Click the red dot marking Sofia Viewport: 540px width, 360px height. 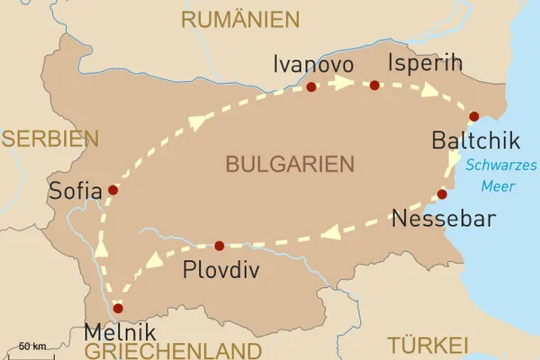tap(112, 190)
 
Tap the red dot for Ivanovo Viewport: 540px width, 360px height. tap(311, 87)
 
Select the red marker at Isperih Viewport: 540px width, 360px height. tap(374, 85)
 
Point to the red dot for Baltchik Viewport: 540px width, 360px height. tap(473, 116)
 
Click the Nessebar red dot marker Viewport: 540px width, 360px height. tap(442, 194)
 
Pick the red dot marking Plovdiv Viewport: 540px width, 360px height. tap(219, 245)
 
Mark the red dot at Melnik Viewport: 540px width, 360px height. tap(117, 308)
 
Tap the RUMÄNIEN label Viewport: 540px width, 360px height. tap(239, 19)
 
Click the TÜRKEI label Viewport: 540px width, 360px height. tap(428, 346)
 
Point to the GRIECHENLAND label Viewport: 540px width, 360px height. tap(170, 350)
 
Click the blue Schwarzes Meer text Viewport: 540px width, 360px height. tap(501, 175)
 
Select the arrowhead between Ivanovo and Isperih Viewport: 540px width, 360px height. tap(343, 84)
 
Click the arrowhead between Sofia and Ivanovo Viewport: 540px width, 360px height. tap(195, 121)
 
